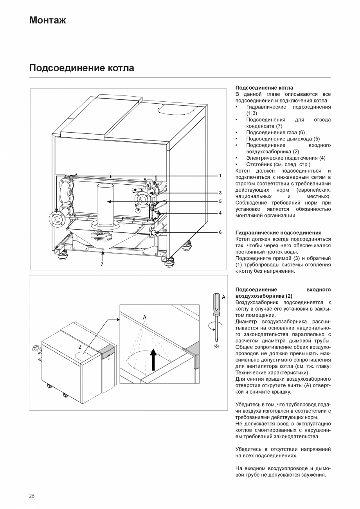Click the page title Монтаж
47,20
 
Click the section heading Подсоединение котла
81,68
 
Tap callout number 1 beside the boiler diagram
220,176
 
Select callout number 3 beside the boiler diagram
220,192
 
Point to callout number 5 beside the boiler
220,201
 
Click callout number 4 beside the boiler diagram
220,213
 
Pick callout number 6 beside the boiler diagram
220,232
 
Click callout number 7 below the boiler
102,264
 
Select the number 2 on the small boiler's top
80,347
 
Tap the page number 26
32,496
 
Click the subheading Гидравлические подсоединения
278,233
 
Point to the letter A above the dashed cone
144,317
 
